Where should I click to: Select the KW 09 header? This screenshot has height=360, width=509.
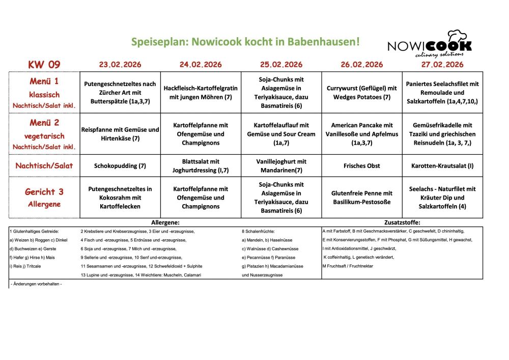pos(44,65)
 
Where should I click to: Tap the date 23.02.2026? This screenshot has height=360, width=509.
pos(120,65)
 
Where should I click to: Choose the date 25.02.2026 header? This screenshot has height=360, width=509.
pos(281,65)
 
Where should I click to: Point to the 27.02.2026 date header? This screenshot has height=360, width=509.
pos(442,65)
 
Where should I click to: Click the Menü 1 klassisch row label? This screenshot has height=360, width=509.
pos(44,93)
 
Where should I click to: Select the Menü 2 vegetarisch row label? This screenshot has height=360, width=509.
pos(44,134)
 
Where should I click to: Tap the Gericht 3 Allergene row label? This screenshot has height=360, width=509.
pos(44,197)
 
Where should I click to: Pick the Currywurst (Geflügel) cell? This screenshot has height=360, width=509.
pos(362,93)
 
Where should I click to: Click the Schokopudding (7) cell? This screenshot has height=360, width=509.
pos(120,165)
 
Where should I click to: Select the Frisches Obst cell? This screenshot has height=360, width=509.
pos(362,165)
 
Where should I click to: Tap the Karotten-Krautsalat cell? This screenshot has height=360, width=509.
pos(442,165)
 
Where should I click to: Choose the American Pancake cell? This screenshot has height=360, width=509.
pos(362,134)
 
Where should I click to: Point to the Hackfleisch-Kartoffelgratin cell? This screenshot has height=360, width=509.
pos(201,93)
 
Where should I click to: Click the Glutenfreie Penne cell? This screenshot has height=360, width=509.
pos(362,198)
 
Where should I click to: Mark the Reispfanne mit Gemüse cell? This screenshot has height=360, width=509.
pos(120,134)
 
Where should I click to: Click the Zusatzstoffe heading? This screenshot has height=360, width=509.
pos(402,223)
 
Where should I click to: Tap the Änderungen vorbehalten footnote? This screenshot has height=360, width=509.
pos(36,283)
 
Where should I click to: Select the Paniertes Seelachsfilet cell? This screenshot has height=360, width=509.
pos(442,93)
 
